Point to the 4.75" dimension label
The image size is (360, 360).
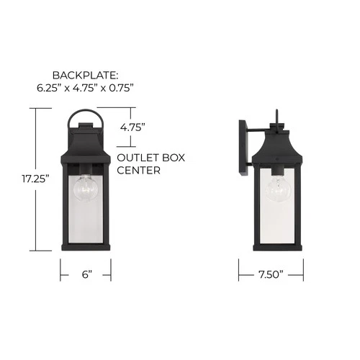pos(132,127)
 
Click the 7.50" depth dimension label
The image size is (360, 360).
pos(271,274)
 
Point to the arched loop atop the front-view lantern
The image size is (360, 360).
pos(86,114)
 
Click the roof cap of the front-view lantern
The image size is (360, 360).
pos(86,137)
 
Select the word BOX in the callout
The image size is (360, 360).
pos(171,158)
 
